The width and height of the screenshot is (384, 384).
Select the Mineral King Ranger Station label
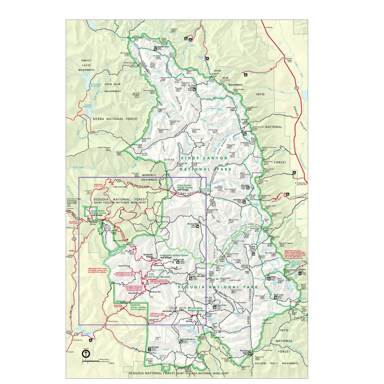pos(196,309)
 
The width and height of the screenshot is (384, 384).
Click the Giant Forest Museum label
pos(158,277)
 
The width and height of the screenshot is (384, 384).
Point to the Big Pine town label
pos(288,59)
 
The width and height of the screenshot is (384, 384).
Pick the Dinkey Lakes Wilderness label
pos(86,65)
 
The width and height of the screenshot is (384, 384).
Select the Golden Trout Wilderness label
pos(276,363)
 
